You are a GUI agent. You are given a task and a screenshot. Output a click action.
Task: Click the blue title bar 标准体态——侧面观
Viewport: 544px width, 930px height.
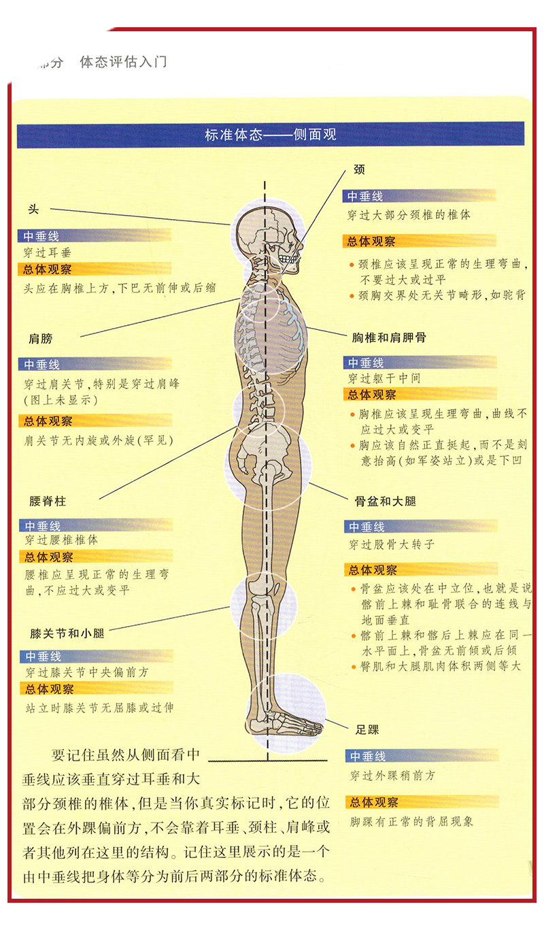point(271,135)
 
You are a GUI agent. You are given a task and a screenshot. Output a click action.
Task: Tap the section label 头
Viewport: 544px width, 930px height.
point(33,209)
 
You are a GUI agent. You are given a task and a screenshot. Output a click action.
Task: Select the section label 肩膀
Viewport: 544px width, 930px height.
point(41,339)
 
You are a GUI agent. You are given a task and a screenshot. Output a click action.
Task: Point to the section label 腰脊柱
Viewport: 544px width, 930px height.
point(48,501)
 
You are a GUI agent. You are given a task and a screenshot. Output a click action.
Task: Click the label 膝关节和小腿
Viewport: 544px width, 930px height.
point(67,633)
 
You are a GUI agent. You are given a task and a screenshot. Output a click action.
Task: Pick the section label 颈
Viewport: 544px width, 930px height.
point(359,169)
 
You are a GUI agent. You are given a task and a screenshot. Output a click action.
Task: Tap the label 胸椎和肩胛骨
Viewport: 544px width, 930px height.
point(389,337)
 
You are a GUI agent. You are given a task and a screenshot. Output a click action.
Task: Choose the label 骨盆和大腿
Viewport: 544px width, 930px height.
point(386,501)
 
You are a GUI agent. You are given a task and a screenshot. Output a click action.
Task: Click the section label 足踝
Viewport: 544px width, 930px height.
point(367,729)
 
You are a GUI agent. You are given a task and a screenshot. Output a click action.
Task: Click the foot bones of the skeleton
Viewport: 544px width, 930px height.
point(286,723)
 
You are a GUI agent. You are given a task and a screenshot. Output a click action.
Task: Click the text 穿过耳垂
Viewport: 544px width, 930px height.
point(48,252)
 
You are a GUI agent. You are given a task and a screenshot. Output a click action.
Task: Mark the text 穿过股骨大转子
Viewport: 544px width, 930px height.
point(392,544)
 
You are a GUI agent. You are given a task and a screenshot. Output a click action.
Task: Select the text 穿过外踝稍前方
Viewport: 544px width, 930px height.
point(392,775)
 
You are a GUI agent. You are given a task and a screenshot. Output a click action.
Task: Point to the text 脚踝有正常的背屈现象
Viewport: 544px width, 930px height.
point(411,821)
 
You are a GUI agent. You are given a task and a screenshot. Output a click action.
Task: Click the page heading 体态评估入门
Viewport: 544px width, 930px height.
point(123,62)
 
